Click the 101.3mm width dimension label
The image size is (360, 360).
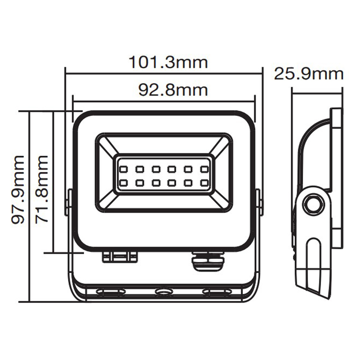[x=168, y=62]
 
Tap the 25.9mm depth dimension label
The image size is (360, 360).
[x=308, y=74]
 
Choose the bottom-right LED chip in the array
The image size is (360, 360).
[x=204, y=182]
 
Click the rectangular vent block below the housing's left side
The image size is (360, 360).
[x=120, y=257]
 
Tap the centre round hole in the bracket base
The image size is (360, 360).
[x=164, y=292]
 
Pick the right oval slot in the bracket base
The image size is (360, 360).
[x=216, y=292]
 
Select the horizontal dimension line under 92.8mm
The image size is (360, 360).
[x=164, y=99]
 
